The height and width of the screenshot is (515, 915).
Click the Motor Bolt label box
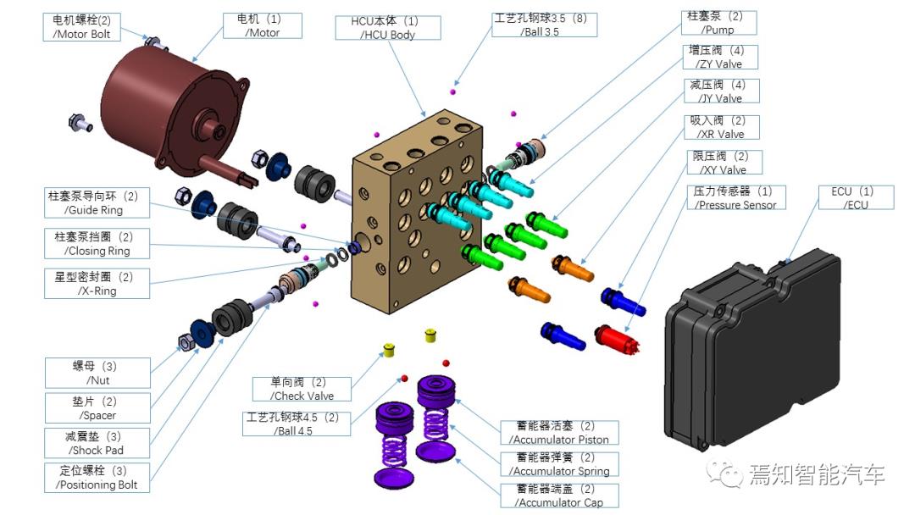pos(82,26)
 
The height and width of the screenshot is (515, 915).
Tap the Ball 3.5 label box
pos(546,24)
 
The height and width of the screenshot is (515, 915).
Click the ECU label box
pos(856,197)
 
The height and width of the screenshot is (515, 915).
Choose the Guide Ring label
pos(92,202)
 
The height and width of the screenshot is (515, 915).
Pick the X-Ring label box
pos(96,283)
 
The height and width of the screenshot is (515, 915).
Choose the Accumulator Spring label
pos(558,464)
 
